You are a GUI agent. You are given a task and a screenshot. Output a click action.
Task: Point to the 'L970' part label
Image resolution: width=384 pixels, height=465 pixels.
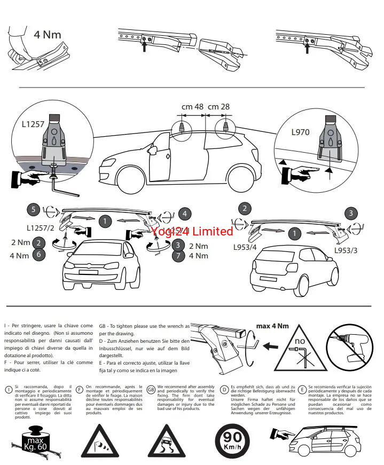(301, 131)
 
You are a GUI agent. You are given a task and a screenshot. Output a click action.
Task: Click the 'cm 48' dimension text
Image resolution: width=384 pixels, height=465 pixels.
(192, 107)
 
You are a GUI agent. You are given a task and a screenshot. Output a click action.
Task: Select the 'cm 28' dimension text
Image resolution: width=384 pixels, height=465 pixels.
(218, 107)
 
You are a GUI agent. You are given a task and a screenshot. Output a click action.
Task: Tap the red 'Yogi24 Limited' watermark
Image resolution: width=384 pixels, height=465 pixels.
(192, 231)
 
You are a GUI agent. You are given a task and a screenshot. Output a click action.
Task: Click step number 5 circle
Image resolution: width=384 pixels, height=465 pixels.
(34, 209)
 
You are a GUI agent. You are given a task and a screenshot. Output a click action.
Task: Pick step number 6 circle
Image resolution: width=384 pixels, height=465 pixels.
(38, 255)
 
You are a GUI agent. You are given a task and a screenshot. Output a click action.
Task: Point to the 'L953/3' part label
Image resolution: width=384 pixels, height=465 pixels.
(346, 250)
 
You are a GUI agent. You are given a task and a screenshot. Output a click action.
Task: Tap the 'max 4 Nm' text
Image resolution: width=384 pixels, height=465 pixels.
(272, 326)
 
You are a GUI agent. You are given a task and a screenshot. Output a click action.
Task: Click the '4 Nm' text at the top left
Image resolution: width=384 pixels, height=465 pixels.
(48, 35)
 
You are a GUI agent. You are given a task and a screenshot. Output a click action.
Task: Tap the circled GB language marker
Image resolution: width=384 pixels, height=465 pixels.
(152, 390)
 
